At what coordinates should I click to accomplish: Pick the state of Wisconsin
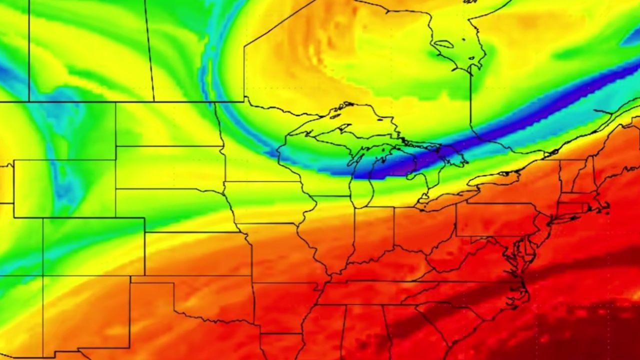(310, 160)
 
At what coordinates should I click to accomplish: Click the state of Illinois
(330, 230)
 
